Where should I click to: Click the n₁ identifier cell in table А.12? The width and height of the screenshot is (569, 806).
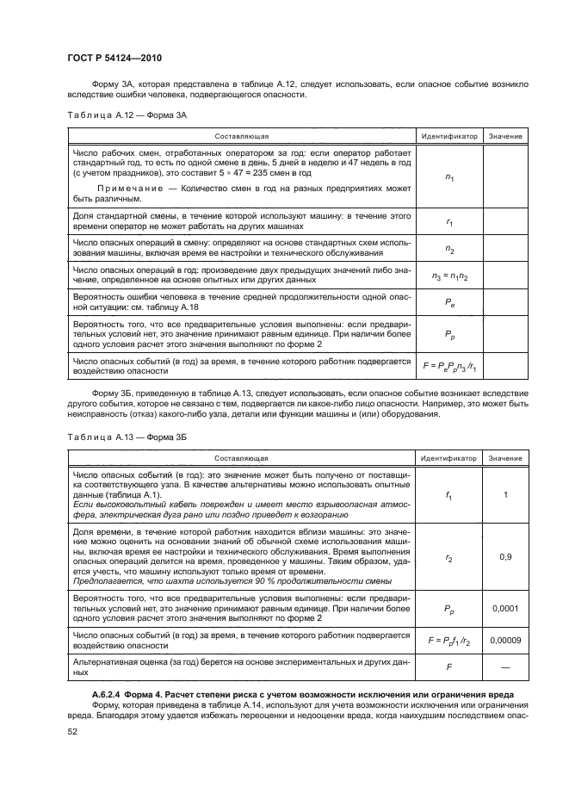(x=449, y=176)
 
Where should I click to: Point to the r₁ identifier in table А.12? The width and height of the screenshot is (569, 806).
(x=449, y=222)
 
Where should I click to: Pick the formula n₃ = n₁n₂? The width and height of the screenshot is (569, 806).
(x=449, y=276)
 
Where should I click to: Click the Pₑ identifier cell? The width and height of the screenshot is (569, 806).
(x=449, y=301)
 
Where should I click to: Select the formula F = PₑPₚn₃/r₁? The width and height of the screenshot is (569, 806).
(x=449, y=365)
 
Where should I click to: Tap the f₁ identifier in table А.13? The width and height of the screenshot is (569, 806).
(x=449, y=495)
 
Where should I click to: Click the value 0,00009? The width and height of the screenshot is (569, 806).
(x=506, y=640)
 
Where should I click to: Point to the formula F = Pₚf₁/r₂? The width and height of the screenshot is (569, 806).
(x=449, y=640)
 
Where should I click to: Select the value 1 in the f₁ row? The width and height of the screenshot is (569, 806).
(x=506, y=495)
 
